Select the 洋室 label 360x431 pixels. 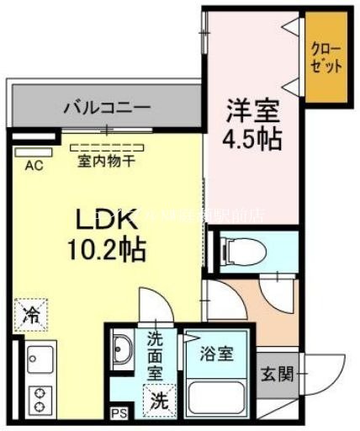[x=250, y=111]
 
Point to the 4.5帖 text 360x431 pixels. [x=250, y=138]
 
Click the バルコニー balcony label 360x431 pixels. [x=107, y=108]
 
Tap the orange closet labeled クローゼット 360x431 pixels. [x=326, y=58]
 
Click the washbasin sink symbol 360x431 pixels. [x=122, y=349]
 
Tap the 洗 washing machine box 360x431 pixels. [x=158, y=402]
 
